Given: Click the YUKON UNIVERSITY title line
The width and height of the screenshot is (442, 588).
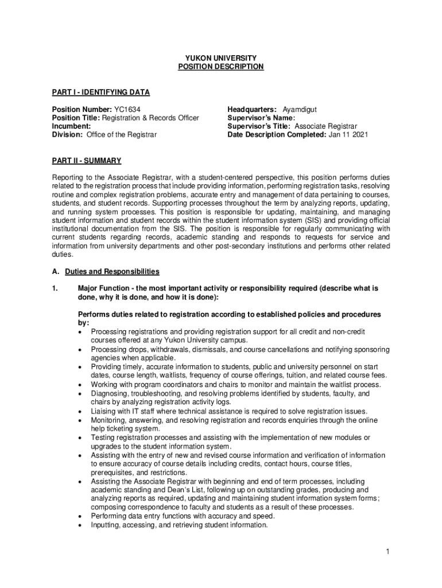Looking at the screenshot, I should click(220, 58).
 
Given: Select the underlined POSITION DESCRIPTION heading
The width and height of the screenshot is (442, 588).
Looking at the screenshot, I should click(220, 67).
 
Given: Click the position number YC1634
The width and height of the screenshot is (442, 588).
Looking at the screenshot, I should click(127, 109).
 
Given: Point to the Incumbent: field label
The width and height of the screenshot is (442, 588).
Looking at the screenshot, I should click(71, 126).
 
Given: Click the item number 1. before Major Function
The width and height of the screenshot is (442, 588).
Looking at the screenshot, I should click(55, 288).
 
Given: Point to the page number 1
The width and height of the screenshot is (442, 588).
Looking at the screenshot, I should click(388, 552).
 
